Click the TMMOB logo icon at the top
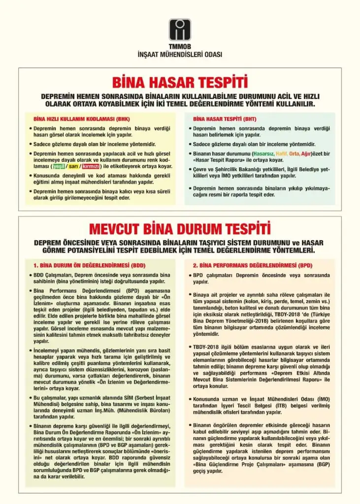click(x=180, y=29)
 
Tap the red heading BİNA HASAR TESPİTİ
click(x=180, y=81)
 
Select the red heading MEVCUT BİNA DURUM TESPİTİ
click(x=180, y=229)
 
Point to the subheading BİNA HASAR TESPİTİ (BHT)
click(x=225, y=119)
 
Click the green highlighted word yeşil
click(x=59, y=166)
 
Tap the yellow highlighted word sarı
click(x=74, y=166)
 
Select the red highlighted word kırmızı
click(x=90, y=166)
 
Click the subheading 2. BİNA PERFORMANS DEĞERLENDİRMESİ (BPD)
click(x=252, y=265)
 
